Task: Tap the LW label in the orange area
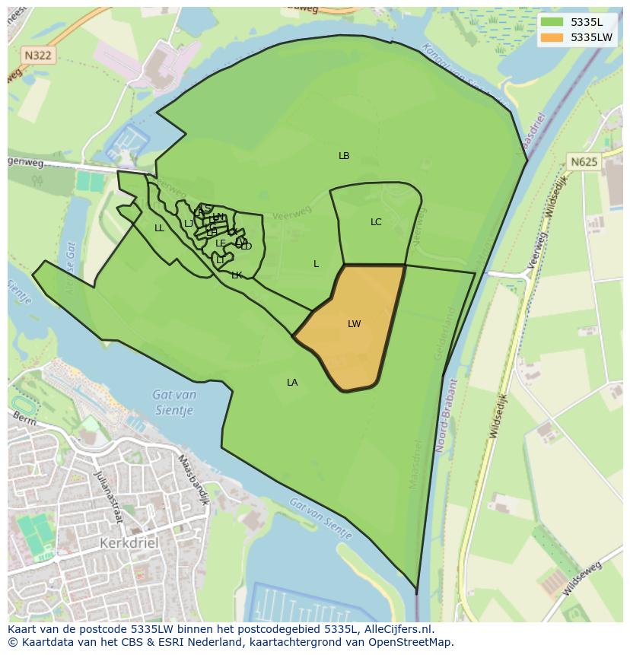(354, 324)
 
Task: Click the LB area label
(344, 156)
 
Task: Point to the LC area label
(376, 222)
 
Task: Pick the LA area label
(292, 383)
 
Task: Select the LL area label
(159, 228)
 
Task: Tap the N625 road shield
(584, 161)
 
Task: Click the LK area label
(237, 275)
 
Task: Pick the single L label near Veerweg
(316, 264)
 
